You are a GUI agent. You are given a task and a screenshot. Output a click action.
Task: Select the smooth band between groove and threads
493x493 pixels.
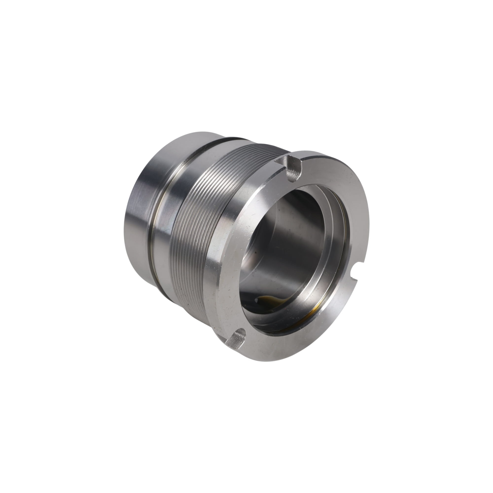[x=174, y=209]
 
